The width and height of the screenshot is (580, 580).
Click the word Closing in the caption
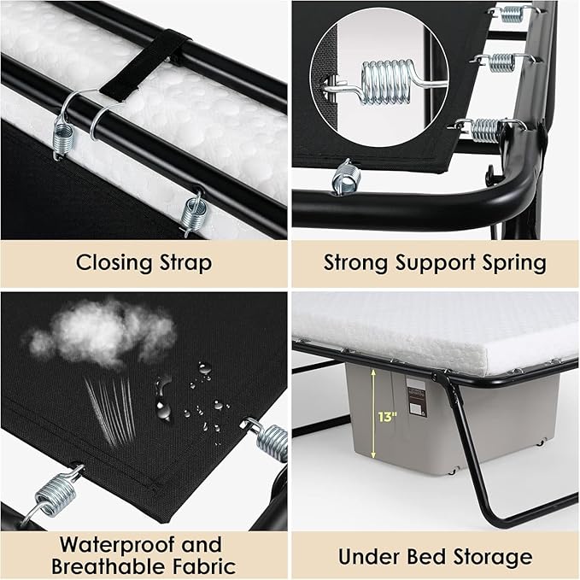pos(114,263)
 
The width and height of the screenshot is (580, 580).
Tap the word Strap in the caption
pos(186,263)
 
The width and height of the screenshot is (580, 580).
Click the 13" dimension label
pos(387,417)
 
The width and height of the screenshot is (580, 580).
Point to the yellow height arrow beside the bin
pos(373,413)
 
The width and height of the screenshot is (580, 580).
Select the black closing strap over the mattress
pos(145,64)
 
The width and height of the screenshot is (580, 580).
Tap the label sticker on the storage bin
pos(417,397)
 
